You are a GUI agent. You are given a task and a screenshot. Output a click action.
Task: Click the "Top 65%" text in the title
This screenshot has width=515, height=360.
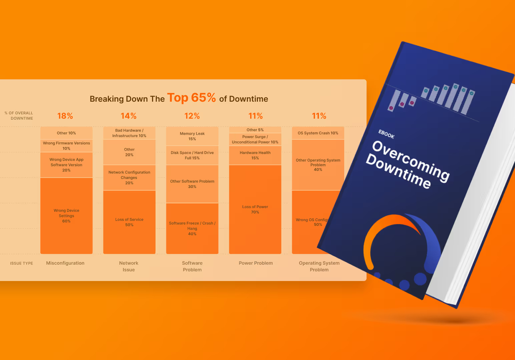click(191, 98)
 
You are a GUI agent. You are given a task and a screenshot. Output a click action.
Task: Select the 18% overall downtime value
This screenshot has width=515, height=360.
click(65, 116)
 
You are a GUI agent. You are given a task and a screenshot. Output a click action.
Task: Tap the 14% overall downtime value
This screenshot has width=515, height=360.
click(129, 116)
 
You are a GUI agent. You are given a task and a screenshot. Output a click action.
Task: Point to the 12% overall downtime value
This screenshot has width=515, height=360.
click(192, 116)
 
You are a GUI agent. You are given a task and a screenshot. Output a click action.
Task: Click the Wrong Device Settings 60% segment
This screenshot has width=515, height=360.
click(66, 216)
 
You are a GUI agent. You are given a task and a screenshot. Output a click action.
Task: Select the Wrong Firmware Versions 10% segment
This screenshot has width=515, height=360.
click(66, 146)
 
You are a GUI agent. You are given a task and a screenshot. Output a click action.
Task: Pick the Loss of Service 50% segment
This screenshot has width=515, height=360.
click(129, 222)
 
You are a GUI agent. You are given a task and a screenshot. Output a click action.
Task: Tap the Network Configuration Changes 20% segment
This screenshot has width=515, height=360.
click(129, 178)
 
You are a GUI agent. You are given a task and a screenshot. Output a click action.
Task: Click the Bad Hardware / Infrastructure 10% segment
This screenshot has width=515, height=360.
click(129, 133)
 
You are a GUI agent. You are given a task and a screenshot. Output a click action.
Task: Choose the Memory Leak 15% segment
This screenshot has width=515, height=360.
click(192, 136)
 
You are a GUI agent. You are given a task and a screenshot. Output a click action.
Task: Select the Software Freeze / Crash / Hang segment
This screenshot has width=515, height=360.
click(192, 228)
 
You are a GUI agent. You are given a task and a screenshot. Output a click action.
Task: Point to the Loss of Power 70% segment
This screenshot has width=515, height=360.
click(255, 209)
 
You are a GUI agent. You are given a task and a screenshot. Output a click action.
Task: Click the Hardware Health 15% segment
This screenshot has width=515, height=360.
click(255, 155)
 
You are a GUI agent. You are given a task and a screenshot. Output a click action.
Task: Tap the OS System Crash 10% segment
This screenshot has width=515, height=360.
click(318, 133)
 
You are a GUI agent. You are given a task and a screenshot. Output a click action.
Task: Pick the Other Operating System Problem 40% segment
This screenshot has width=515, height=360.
click(318, 165)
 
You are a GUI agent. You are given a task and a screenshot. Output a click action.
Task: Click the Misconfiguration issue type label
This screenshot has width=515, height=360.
click(65, 263)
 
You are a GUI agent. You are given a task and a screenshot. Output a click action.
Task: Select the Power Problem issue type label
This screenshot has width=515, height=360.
click(256, 263)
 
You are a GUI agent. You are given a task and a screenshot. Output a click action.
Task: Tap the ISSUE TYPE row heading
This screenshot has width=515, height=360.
click(22, 263)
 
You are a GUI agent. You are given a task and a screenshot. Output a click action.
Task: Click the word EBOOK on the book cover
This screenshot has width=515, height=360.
click(386, 134)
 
